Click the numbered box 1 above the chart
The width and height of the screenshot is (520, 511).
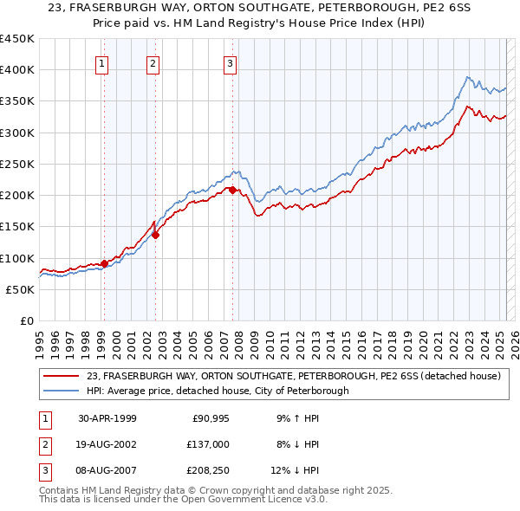click(x=102, y=62)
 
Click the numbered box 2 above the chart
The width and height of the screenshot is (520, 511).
click(x=153, y=62)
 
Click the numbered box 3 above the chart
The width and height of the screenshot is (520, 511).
click(x=231, y=62)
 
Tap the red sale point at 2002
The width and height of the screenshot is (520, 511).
click(x=156, y=234)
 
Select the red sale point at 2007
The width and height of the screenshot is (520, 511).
click(x=232, y=189)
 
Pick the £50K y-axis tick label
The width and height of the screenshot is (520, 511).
click(x=21, y=289)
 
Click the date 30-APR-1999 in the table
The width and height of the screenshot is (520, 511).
click(x=107, y=418)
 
